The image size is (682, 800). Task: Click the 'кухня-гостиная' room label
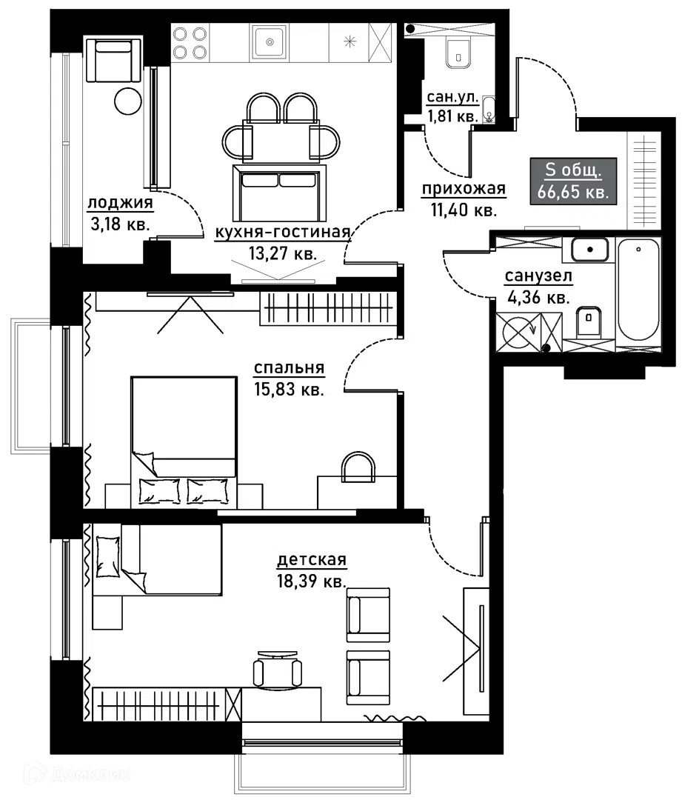283,232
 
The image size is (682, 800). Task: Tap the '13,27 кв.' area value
283,253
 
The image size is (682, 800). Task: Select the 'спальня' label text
290,368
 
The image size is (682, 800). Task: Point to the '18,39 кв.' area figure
312,581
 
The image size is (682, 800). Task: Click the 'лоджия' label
121,203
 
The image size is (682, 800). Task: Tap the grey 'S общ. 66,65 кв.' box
573,181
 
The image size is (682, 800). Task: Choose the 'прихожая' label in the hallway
464,190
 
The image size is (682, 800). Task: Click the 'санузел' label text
538,276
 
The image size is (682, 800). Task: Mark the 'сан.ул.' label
452,97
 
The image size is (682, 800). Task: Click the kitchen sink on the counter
270,42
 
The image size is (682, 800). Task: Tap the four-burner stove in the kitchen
190,43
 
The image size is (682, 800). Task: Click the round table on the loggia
127,101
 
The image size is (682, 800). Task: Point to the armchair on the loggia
113,60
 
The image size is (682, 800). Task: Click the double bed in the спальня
184,441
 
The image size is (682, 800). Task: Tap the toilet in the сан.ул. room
458,51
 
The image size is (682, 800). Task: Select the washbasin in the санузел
590,250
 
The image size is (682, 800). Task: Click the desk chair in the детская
278,669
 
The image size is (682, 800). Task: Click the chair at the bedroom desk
358,467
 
